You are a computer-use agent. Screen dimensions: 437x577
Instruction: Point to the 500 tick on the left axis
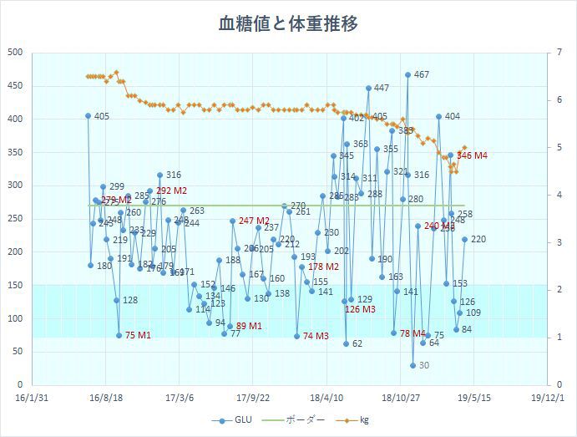13,53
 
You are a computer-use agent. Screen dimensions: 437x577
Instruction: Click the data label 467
422,75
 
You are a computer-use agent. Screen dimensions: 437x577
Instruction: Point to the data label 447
382,89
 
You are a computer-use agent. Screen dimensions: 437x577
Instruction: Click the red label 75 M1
138,335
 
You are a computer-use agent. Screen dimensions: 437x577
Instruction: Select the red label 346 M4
473,155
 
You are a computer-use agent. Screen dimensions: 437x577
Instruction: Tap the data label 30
424,365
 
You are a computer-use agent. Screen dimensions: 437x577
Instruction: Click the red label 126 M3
360,309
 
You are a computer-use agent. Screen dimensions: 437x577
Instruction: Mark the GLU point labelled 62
346,343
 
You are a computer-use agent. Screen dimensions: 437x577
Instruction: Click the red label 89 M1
249,326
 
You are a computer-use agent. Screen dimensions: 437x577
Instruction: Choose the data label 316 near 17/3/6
174,175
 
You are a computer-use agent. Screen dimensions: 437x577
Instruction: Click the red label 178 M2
323,267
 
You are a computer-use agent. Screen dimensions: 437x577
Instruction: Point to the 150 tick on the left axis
13,285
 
